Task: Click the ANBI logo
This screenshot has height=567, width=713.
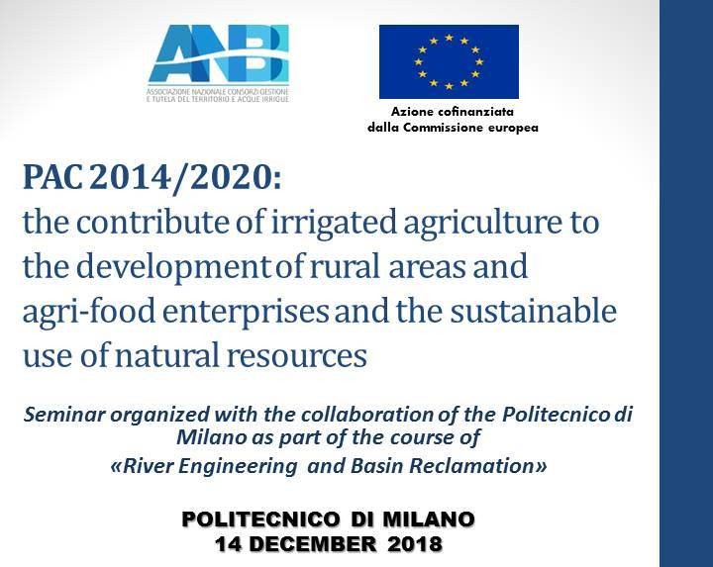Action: click(x=218, y=62)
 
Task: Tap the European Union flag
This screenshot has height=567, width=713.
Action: click(x=449, y=61)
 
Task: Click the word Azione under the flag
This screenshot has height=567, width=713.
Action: click(x=411, y=112)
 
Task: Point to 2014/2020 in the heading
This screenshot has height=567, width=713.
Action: click(x=185, y=178)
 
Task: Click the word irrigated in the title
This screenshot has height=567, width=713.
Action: click(x=334, y=223)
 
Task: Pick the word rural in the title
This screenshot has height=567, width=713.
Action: click(x=345, y=266)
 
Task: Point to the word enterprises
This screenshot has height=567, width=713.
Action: click(x=246, y=313)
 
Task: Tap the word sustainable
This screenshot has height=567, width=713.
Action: click(x=534, y=311)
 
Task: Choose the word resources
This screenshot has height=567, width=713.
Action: click(x=297, y=356)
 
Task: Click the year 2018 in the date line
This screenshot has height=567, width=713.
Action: click(x=414, y=543)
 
